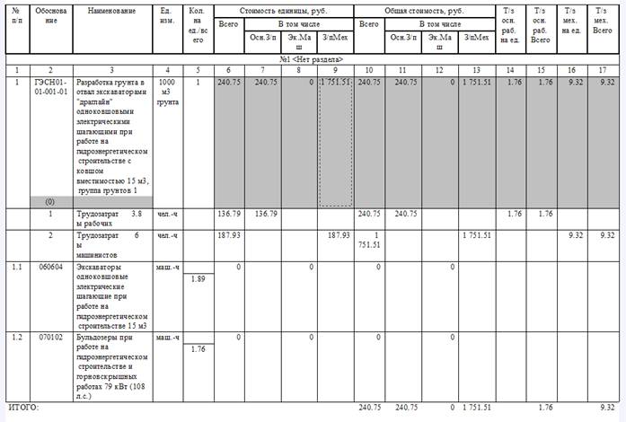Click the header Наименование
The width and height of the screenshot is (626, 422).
coord(111,11)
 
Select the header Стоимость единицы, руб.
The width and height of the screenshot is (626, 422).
coord(285,11)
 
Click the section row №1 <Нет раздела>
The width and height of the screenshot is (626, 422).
coord(312,59)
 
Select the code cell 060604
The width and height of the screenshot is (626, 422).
coord(50,267)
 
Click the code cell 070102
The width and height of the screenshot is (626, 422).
coord(50,338)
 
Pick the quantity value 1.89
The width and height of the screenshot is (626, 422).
coord(200,279)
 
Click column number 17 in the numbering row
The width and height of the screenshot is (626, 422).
coord(607,69)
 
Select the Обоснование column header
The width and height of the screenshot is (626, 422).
coord(50,15)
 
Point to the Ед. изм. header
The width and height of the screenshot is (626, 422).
coord(167,15)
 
